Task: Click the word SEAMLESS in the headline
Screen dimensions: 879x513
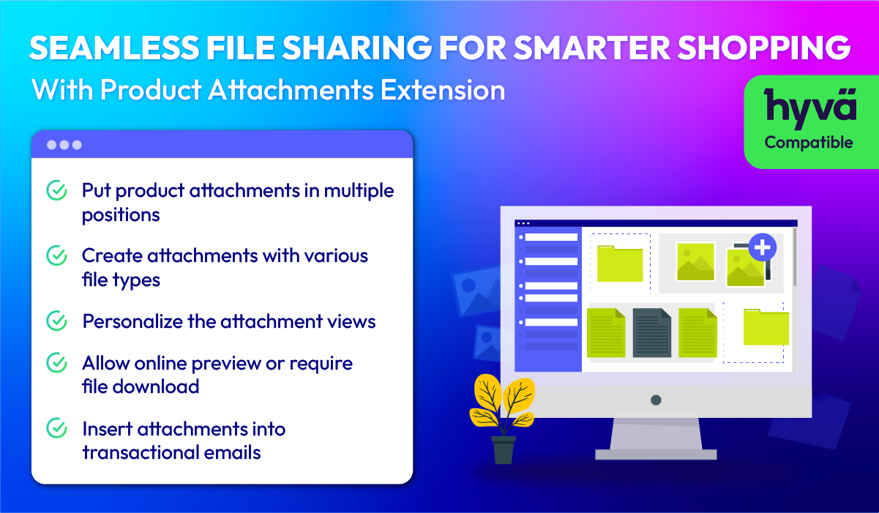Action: pos(114,48)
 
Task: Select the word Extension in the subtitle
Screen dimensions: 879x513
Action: pos(443,90)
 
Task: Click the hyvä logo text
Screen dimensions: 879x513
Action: pos(810,107)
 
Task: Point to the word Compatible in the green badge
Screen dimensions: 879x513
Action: pos(809,143)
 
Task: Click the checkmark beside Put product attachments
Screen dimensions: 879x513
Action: pos(56,190)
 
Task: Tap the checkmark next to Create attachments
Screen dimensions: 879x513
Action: pos(56,255)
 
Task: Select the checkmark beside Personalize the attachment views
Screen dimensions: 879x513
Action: pos(56,321)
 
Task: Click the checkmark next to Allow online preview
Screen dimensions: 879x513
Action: pos(56,363)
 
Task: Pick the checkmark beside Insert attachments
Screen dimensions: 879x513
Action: pos(56,428)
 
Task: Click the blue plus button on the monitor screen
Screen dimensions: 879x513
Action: pos(763,247)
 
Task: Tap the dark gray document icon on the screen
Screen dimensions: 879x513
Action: pos(652,332)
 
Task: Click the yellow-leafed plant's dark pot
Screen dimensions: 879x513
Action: pos(504,450)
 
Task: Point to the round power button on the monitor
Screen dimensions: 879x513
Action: pos(656,400)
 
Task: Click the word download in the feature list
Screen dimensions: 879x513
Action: pos(156,386)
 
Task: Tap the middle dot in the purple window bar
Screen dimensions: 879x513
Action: pos(64,145)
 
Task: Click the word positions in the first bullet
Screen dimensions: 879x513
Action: pos(121,215)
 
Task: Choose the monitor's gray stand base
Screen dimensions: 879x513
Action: pos(656,454)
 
